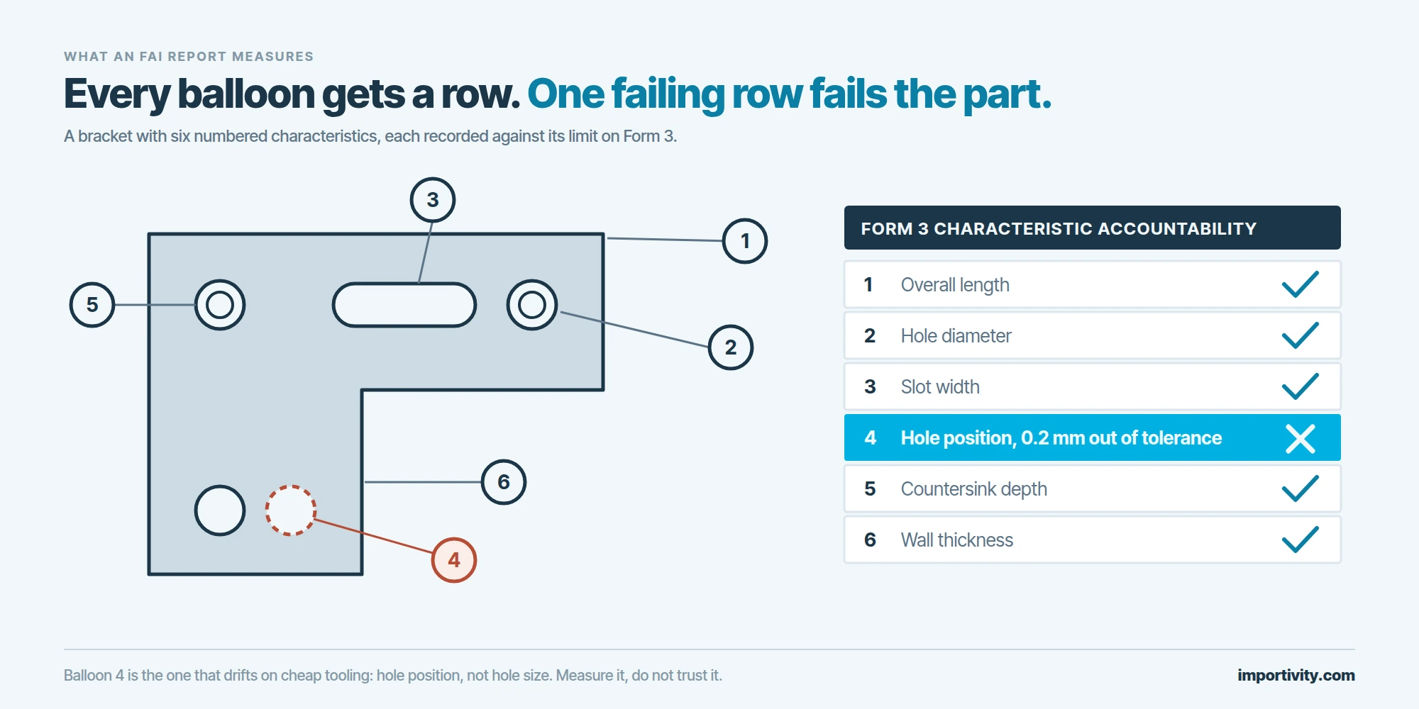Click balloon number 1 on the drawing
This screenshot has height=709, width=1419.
point(745,241)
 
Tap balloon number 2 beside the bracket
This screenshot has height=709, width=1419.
point(731,347)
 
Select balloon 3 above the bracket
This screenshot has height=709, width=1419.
point(433,200)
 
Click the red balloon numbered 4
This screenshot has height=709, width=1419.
point(454,560)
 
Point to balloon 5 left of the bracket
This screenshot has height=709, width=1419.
point(92,305)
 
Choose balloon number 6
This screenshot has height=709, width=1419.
point(504,482)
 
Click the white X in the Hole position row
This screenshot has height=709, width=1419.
point(1301,438)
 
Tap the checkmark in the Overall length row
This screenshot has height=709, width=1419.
point(1301,285)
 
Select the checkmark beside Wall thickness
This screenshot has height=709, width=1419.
point(1301,540)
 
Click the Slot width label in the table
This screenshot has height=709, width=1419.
point(940,387)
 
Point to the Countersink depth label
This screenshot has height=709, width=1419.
point(973,489)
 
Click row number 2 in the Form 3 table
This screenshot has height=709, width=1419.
point(870,336)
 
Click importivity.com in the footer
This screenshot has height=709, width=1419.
point(1296,675)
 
